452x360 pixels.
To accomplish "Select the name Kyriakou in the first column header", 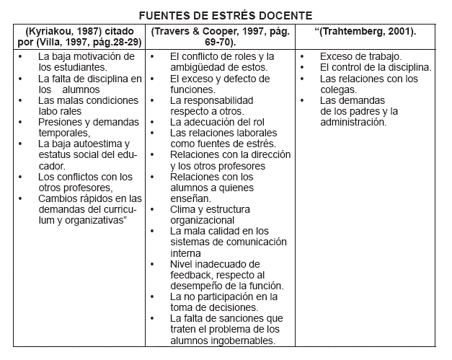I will coord(51,32).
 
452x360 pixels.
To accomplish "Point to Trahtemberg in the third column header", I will coord(365,32).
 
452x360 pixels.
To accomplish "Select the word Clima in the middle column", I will coord(183,209).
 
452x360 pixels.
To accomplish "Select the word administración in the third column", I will coord(353,122).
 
